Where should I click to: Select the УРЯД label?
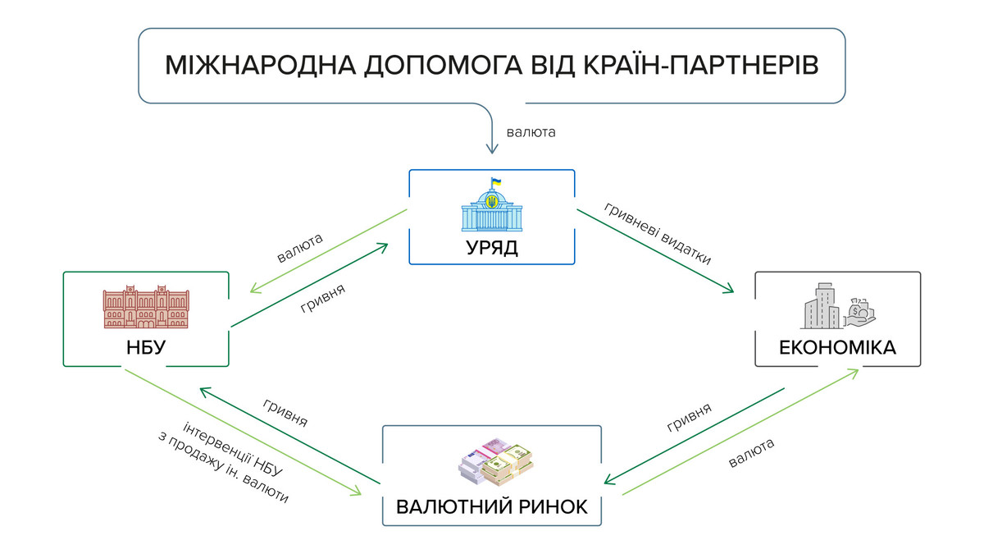pyautogui.click(x=492, y=248)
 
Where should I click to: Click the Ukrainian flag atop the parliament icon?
pyautogui.click(x=494, y=181)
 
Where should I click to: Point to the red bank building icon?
pyautogui.click(x=146, y=308)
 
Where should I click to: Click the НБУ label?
pyautogui.click(x=146, y=348)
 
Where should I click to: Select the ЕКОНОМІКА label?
pyautogui.click(x=837, y=349)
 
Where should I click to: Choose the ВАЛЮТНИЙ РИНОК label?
pyautogui.click(x=492, y=506)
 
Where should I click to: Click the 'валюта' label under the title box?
pyautogui.click(x=531, y=131)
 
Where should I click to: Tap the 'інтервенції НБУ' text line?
pyautogui.click(x=234, y=448)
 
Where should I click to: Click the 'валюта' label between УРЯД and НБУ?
pyautogui.click(x=300, y=248)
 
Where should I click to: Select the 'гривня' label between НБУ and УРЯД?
pyautogui.click(x=322, y=300)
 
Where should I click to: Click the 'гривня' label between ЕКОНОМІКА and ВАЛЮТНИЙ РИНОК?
pyautogui.click(x=689, y=418)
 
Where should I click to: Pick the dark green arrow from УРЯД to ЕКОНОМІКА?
pyautogui.click(x=656, y=251)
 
